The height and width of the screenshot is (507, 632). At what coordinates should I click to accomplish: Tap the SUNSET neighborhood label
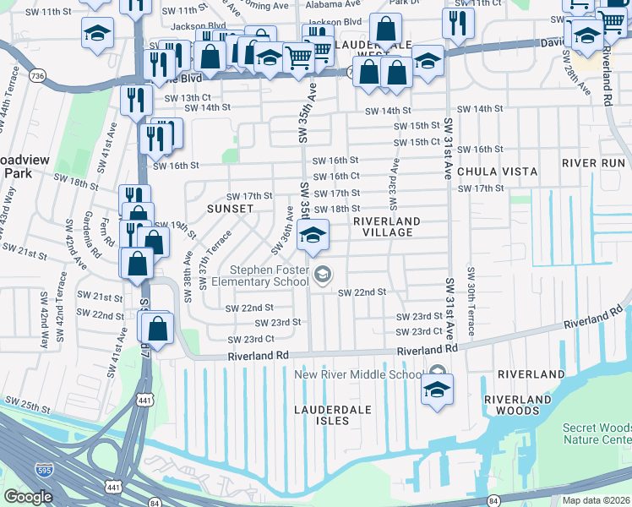(x=230, y=208)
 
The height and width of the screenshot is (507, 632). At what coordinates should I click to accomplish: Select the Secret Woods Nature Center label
(x=597, y=433)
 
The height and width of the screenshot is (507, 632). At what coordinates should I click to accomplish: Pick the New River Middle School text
(x=358, y=374)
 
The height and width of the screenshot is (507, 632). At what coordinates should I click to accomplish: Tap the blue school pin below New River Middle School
(x=436, y=391)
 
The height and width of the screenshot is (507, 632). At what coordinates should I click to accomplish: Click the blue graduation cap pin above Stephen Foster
(x=313, y=236)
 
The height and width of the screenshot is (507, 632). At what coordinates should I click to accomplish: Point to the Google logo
(x=29, y=497)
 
